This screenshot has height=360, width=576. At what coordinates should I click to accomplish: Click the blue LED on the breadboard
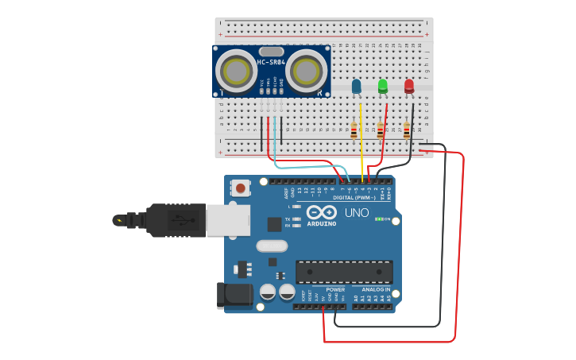pos(356,86)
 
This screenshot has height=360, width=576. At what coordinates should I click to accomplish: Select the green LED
pos(383,86)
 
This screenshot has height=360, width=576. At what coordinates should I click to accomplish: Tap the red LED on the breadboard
pos(409,86)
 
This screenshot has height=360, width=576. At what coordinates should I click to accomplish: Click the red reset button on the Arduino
pos(241,188)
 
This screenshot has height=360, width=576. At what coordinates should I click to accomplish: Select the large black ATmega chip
pos(343,272)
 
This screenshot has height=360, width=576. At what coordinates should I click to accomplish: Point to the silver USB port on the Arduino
pos(228,220)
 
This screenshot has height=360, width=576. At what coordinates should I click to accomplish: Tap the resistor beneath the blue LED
pos(354,130)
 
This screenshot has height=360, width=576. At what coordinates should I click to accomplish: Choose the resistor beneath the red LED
pos(407,130)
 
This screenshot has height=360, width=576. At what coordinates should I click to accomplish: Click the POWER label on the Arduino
pos(334,289)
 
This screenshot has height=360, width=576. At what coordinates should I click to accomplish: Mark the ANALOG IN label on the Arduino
pos(376,289)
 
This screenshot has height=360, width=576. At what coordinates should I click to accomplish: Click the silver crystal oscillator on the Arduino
pos(272,246)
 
